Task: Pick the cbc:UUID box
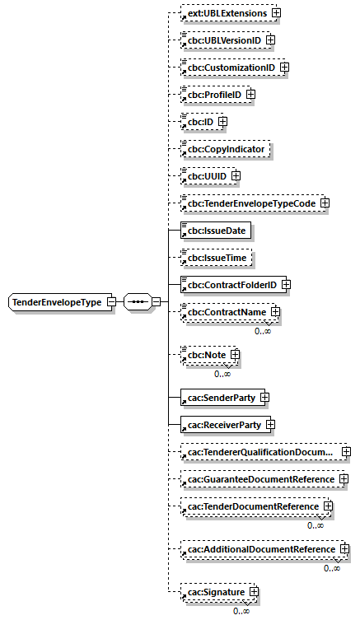tap(205, 175)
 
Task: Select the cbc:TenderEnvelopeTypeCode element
tap(250, 203)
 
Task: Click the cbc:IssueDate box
tap(215, 231)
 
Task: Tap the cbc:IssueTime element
tap(215, 258)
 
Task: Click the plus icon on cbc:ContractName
tap(275, 313)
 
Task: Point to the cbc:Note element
tap(206, 355)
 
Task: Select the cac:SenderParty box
tap(220, 398)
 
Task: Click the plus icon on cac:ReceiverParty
tap(270, 425)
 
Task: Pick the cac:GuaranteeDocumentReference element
tap(259, 479)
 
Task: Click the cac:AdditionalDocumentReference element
tap(260, 549)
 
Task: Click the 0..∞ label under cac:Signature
tap(241, 611)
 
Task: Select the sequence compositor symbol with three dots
tap(136, 302)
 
